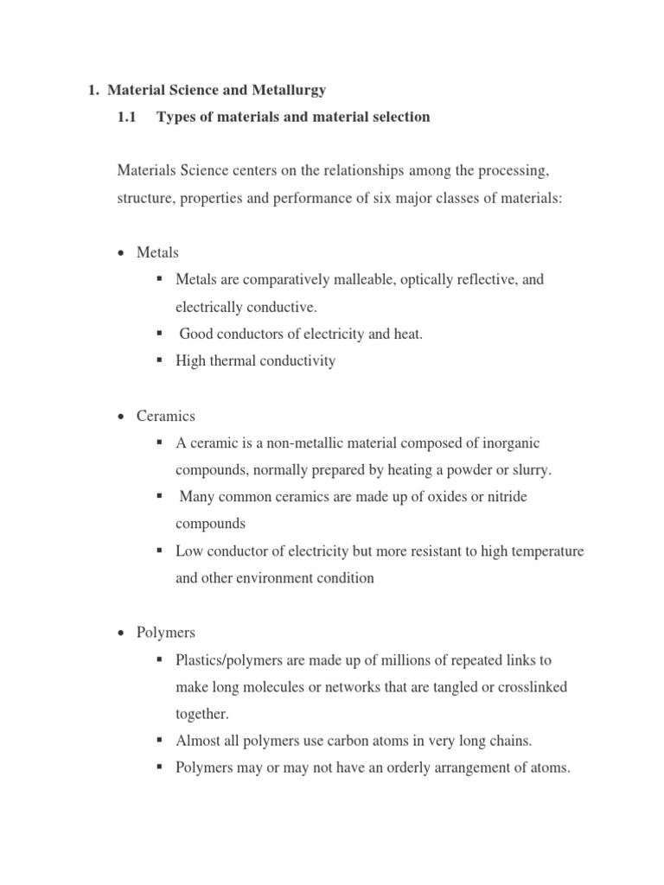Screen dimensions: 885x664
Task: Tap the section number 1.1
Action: [x=127, y=117]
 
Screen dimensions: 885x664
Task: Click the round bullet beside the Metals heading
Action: [x=121, y=253]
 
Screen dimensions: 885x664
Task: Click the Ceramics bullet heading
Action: [x=164, y=416]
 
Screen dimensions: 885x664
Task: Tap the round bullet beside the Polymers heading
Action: [x=121, y=632]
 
